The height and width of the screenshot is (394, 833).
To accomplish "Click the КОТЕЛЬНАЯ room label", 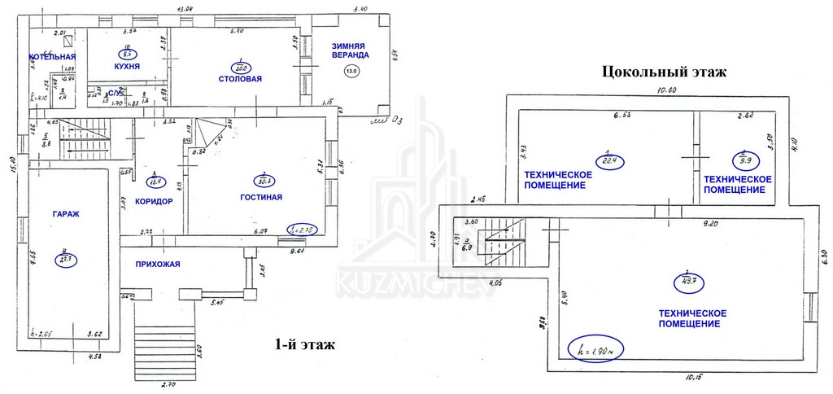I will (x=52, y=57).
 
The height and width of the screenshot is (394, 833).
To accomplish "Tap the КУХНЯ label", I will (x=127, y=67).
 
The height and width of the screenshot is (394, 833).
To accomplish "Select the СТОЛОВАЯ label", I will (x=240, y=79).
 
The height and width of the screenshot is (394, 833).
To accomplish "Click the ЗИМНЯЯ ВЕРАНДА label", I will (x=350, y=50).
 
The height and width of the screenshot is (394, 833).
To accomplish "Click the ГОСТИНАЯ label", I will (x=261, y=198).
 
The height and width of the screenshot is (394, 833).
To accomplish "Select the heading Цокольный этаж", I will (x=663, y=72).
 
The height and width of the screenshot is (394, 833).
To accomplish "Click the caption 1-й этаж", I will (x=306, y=346).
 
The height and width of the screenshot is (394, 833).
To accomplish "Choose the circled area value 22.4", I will (x=608, y=160).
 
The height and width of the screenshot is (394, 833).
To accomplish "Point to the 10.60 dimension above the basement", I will (x=667, y=90).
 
